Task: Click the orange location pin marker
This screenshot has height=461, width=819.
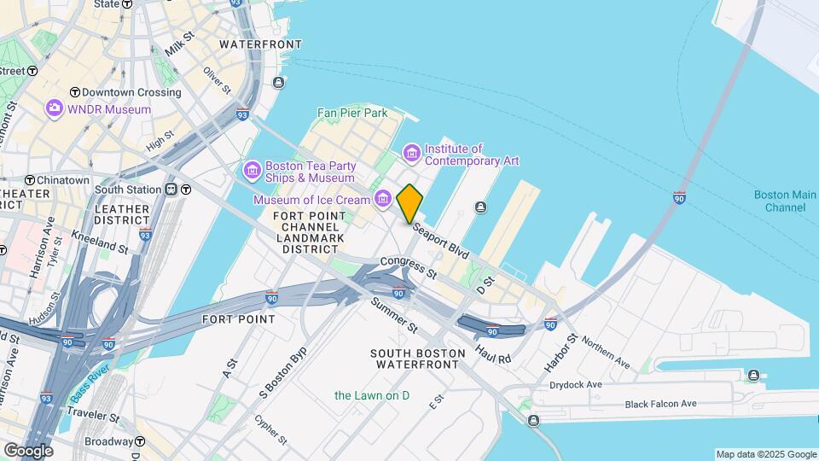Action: (409, 203)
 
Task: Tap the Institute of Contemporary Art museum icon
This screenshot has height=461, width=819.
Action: (412, 153)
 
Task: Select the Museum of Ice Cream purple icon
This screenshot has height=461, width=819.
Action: (383, 200)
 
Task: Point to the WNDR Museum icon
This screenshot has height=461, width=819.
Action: (55, 108)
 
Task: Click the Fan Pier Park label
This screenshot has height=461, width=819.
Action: (352, 113)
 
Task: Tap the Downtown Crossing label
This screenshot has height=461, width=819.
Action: (125, 92)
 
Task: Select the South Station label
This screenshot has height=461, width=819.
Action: (131, 190)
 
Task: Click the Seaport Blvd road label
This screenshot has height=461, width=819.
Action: (440, 242)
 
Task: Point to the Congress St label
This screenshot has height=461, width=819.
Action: (409, 268)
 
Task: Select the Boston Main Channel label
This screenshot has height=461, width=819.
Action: (780, 201)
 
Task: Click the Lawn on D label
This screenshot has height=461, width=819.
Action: (372, 395)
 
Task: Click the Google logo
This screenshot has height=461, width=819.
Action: (27, 450)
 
